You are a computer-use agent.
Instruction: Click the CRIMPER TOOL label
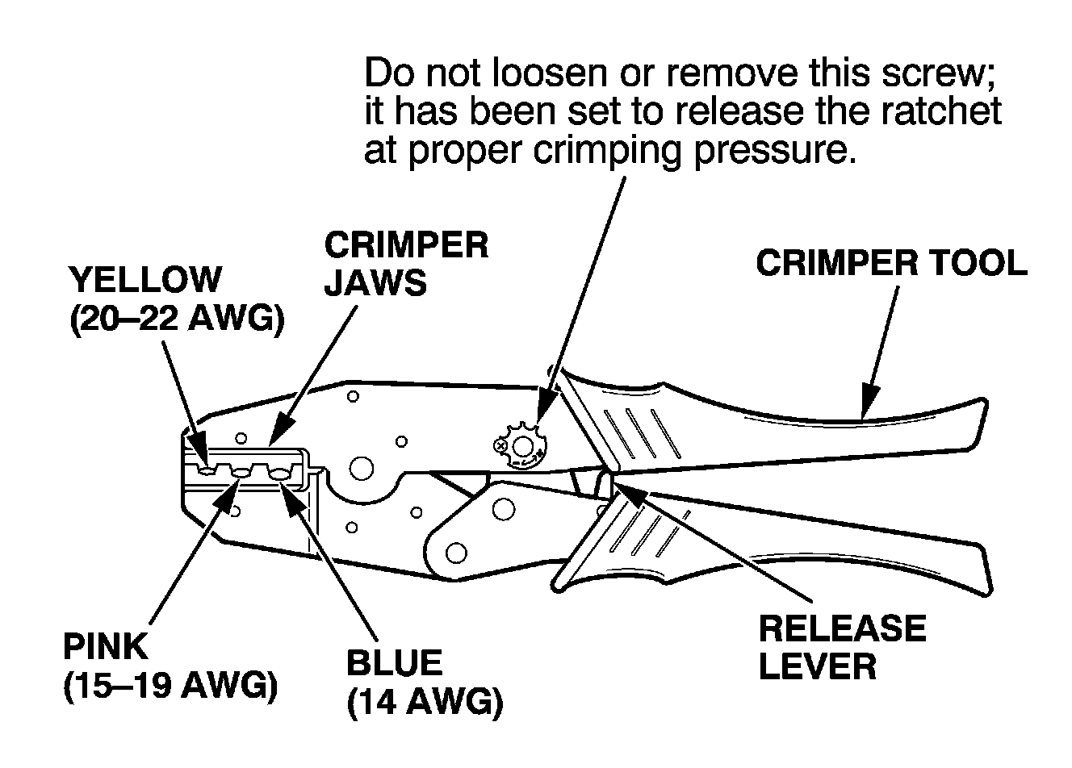tap(891, 264)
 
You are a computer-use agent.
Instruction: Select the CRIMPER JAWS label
tap(406, 263)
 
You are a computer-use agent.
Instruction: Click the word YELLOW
tap(144, 280)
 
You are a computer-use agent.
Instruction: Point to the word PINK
tap(106, 647)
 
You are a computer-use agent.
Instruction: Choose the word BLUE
tap(394, 663)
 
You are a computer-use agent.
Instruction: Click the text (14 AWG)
tap(425, 703)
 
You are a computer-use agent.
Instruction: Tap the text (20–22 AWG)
tap(177, 320)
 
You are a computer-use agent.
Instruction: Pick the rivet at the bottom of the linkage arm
tap(455, 553)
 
